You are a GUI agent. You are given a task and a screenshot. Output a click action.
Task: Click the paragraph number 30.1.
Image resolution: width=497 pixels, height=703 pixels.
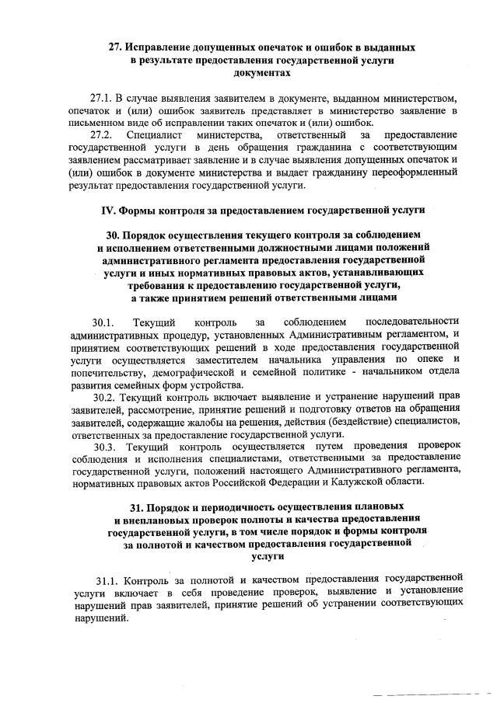103,322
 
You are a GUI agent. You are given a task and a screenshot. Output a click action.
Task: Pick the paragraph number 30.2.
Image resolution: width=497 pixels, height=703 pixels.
104,397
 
